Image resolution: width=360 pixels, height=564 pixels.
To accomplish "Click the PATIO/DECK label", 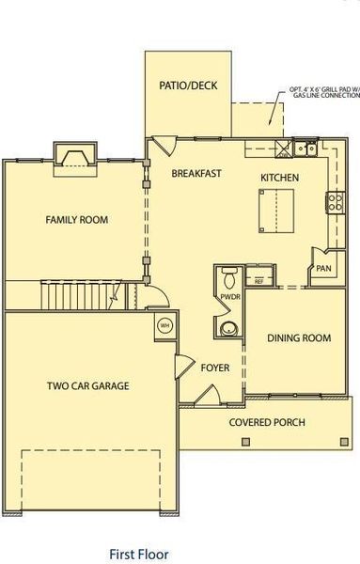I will pyautogui.click(x=189, y=86).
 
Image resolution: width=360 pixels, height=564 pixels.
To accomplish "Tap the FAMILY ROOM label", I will pyautogui.click(x=77, y=220).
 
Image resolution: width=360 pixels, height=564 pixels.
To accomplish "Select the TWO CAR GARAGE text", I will pyautogui.click(x=88, y=385).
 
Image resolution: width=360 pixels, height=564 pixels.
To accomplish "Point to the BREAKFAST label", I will pyautogui.click(x=196, y=173).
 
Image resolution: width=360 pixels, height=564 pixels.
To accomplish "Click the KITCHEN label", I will pyautogui.click(x=280, y=178).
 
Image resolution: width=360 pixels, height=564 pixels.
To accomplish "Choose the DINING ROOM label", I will pyautogui.click(x=298, y=338).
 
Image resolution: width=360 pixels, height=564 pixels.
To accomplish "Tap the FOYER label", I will pyautogui.click(x=215, y=368).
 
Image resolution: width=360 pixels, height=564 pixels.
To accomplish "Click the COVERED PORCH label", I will pyautogui.click(x=267, y=422).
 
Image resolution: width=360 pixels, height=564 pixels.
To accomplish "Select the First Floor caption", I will pyautogui.click(x=139, y=555).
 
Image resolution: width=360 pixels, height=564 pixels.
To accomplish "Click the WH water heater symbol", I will pyautogui.click(x=164, y=326).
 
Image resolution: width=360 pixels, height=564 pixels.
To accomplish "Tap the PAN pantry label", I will pyautogui.click(x=323, y=269).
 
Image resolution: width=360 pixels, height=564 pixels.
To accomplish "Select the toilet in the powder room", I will pyautogui.click(x=229, y=277).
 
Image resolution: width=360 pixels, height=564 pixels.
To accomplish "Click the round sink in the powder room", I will pyautogui.click(x=228, y=328).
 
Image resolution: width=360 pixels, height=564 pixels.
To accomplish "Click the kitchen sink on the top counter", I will pyautogui.click(x=302, y=148).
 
